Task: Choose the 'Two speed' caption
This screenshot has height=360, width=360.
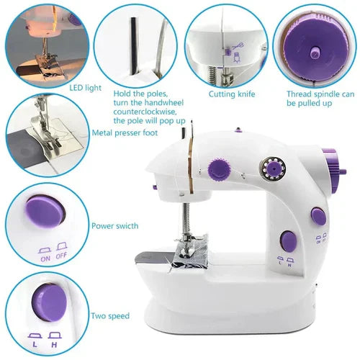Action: (x=110, y=315)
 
